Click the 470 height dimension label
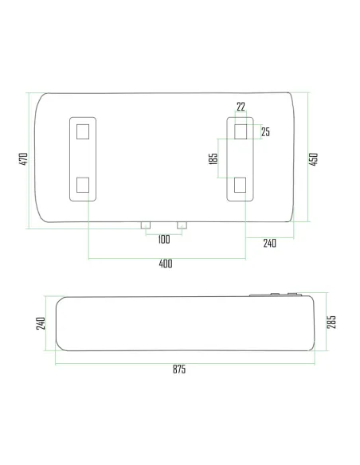pyautogui.click(x=24, y=159)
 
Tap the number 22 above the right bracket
pyautogui.click(x=241, y=106)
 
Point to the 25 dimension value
pyautogui.click(x=265, y=132)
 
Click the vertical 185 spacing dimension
pyautogui.click(x=213, y=158)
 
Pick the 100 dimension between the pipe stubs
pyautogui.click(x=163, y=240)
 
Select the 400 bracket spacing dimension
pyautogui.click(x=166, y=264)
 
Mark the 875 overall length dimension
pyautogui.click(x=178, y=370)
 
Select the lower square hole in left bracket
pyautogui.click(x=83, y=186)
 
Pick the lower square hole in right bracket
pyautogui.click(x=241, y=186)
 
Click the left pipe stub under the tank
pyautogui.click(x=146, y=226)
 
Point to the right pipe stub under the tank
pyautogui.click(x=182, y=226)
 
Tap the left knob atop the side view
pyautogui.click(x=274, y=295)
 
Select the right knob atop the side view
pyautogui.click(x=293, y=295)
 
